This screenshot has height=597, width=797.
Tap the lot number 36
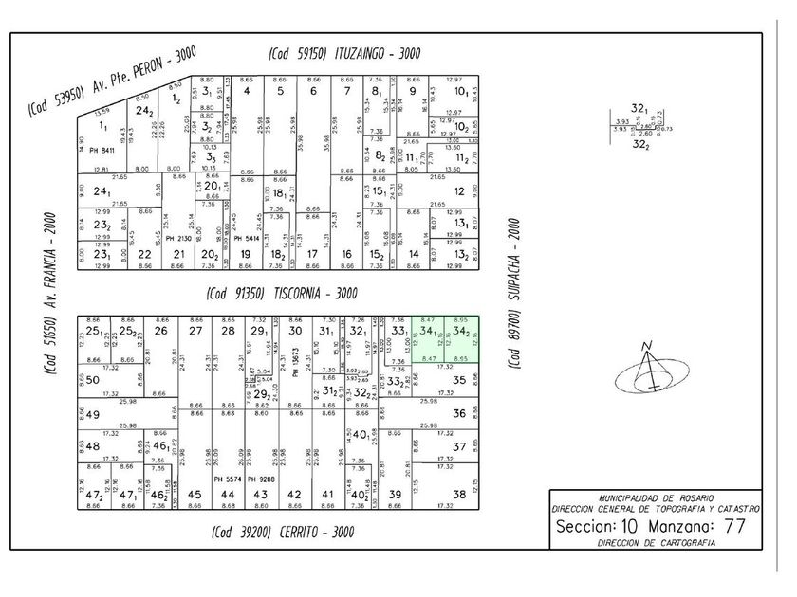pos(459,413)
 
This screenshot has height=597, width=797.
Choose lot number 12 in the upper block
pos(458,190)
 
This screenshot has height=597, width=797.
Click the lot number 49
pos(92,414)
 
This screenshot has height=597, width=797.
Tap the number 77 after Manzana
pos(733,526)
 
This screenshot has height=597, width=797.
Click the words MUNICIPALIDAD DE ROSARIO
pos(656,498)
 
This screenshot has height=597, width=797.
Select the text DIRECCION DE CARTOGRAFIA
pos(656,544)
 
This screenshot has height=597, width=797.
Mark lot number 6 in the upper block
pos(312,91)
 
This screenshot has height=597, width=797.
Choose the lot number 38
pos(459,494)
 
